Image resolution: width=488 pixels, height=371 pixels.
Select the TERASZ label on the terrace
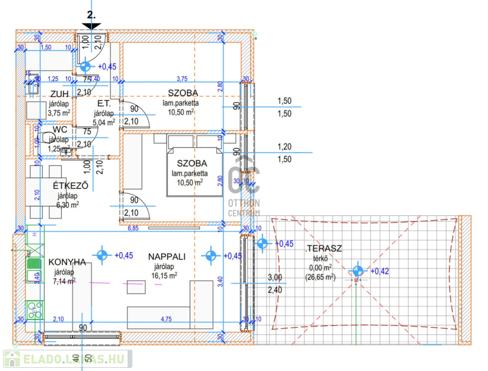(x=324, y=248)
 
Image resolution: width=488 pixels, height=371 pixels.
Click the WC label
(x=59, y=129)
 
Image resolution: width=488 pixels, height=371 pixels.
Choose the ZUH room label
(x=59, y=94)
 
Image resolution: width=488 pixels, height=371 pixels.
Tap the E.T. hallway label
(x=102, y=104)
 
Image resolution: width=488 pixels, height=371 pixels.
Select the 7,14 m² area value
(x=65, y=281)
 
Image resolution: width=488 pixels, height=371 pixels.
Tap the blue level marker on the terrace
(x=357, y=271)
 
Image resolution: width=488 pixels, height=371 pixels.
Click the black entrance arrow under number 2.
(x=92, y=25)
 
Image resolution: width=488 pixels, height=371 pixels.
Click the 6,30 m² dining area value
(x=68, y=205)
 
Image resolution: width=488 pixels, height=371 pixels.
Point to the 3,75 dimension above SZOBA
(x=182, y=79)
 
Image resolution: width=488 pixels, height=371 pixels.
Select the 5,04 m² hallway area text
(x=103, y=121)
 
